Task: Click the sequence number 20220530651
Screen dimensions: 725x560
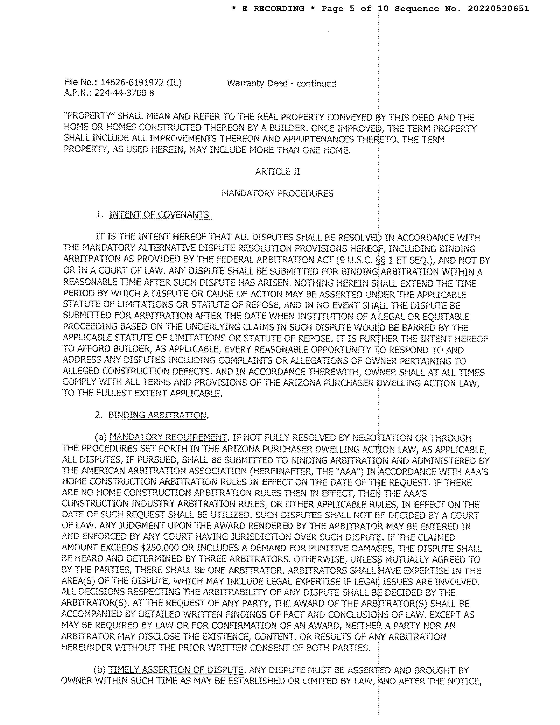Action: pos(498,9)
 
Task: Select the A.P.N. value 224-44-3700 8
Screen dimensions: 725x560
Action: pos(124,93)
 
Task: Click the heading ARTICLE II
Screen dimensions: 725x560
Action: pos(277,172)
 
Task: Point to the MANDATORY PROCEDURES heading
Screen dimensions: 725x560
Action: pos(277,194)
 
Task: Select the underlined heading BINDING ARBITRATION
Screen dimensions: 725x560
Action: pos(157,415)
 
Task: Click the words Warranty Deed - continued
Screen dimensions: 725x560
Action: pos(281,83)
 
